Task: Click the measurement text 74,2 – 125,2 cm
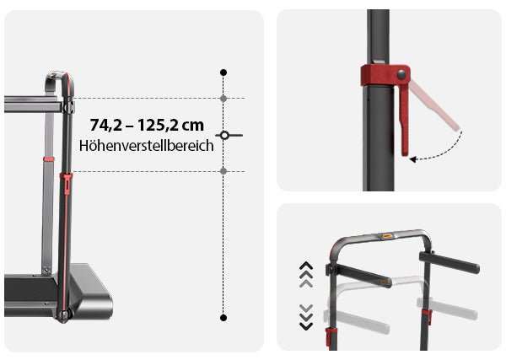tap(147, 125)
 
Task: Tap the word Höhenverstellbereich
tap(147, 146)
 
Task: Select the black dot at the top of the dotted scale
tap(223, 73)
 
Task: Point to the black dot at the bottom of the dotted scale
tap(223, 318)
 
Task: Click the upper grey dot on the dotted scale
tap(223, 99)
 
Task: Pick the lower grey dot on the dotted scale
tap(223, 171)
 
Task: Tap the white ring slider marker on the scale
tap(225, 135)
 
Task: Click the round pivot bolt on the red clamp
tap(401, 74)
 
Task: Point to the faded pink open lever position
tap(434, 105)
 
